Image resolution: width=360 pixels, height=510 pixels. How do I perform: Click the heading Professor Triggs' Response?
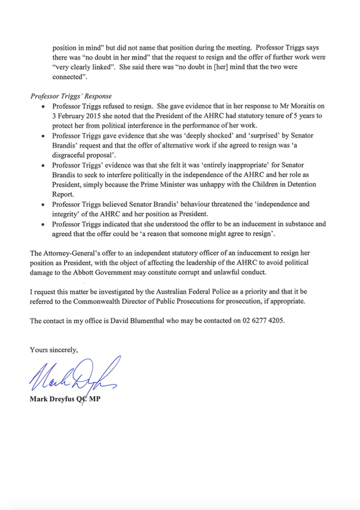[71, 95]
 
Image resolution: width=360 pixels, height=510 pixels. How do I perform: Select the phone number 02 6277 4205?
[264, 321]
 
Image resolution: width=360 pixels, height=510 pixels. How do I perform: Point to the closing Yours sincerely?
[54, 350]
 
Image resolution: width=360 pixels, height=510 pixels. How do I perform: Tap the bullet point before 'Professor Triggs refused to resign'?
[43, 106]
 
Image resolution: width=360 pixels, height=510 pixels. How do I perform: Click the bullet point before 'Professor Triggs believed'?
[43, 205]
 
